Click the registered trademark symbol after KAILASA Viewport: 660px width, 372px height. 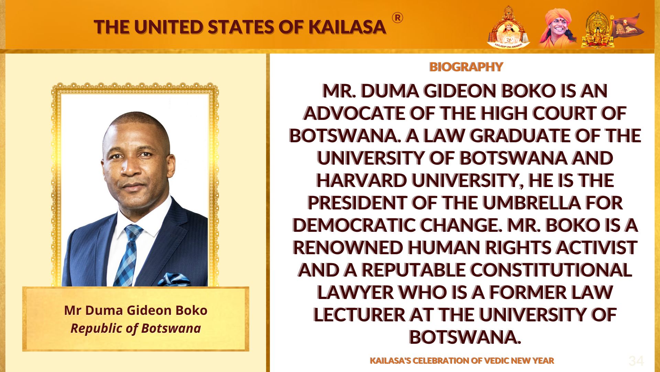pos(397,18)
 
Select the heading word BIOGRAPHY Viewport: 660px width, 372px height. pos(466,66)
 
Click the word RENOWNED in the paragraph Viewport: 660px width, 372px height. pos(348,248)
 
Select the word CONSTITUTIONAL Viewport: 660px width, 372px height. pos(551,270)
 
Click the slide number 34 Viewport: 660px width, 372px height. pos(636,361)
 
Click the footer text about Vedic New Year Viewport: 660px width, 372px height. pos(462,361)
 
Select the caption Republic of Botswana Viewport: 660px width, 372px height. pos(136,328)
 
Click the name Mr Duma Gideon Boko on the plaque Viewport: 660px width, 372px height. pos(136,310)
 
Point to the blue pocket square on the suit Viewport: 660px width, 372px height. pos(174,279)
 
